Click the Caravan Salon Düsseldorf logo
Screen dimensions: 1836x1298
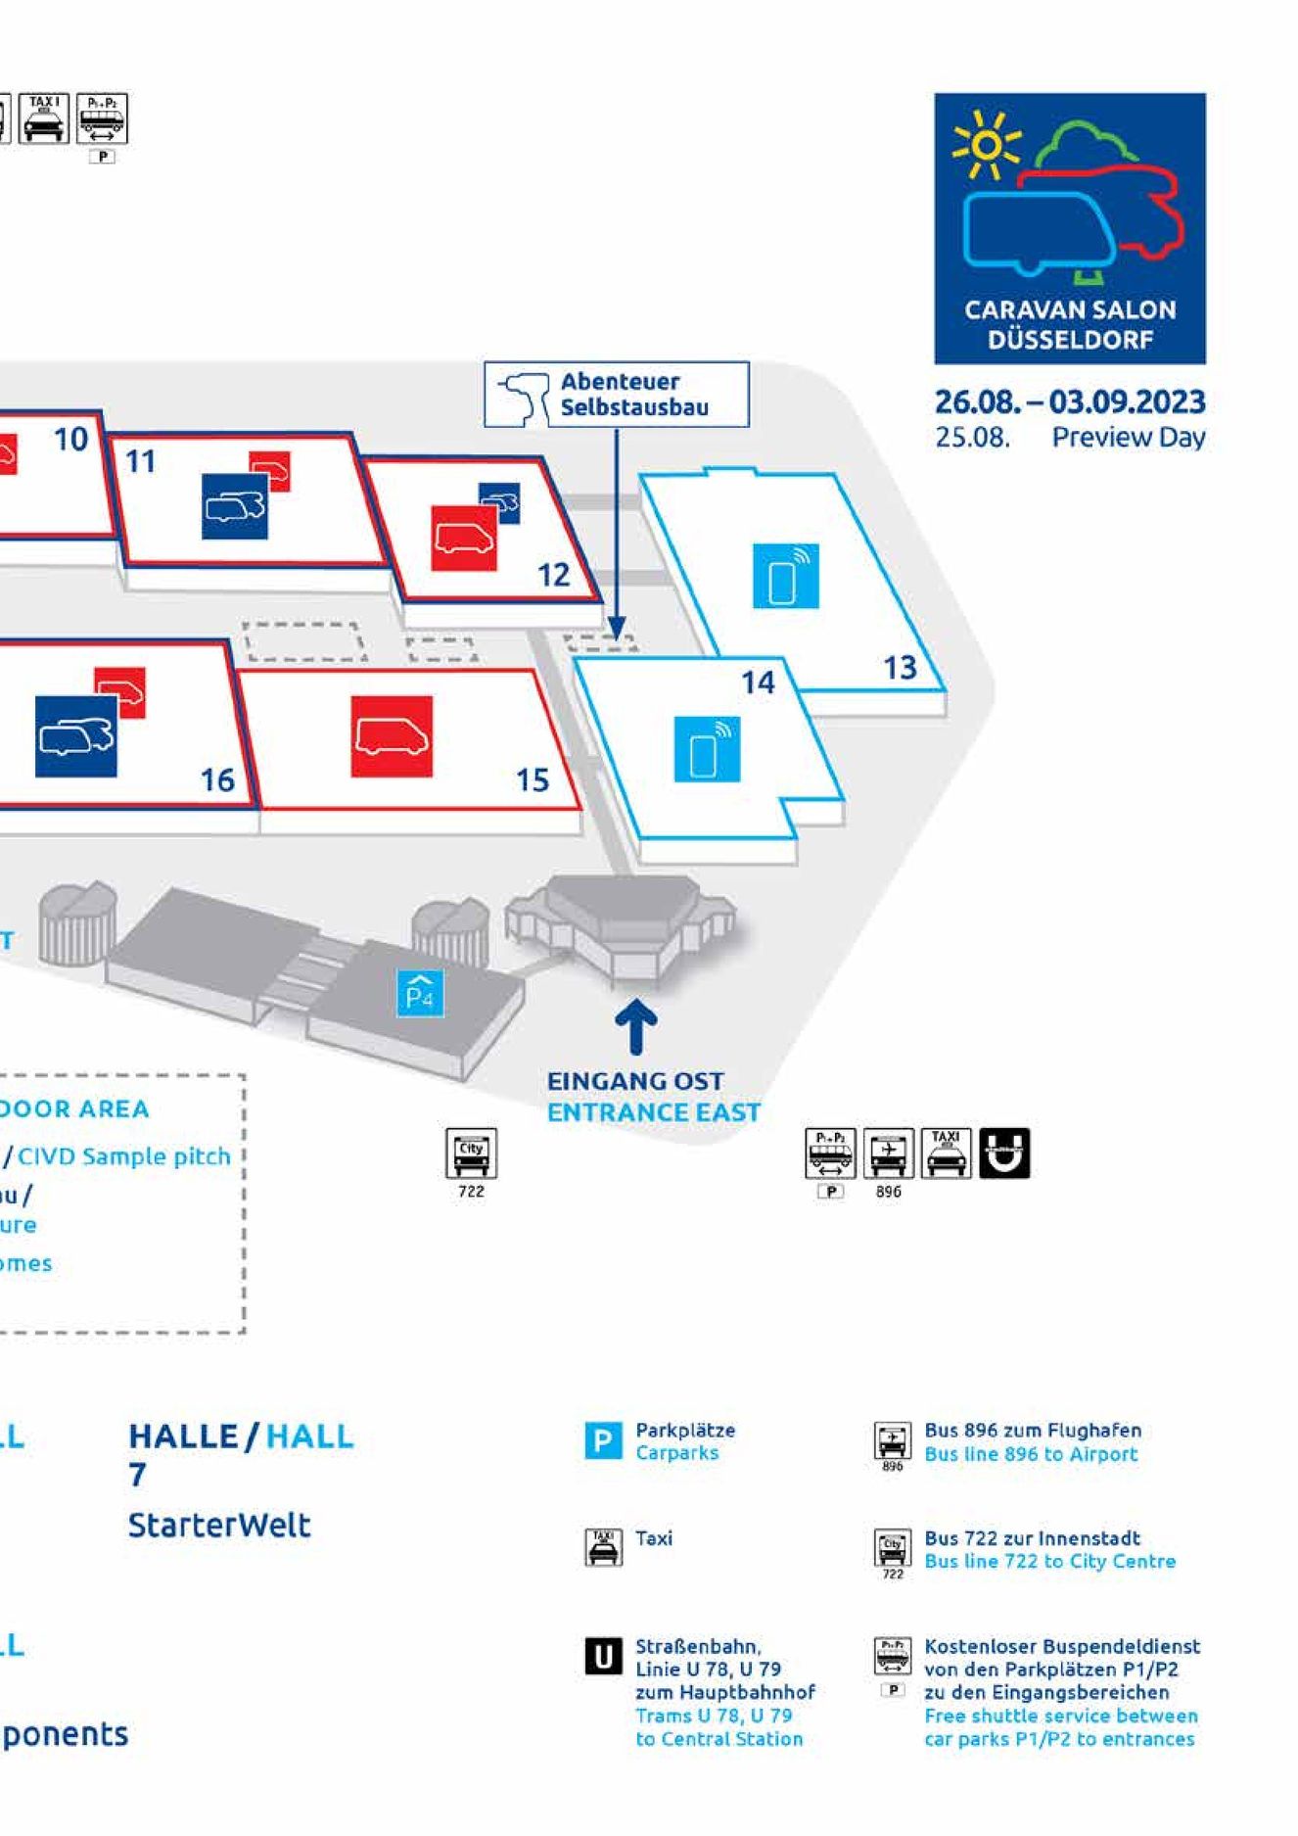point(1069,228)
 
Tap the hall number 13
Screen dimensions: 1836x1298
point(900,668)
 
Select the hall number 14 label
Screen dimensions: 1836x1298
point(758,683)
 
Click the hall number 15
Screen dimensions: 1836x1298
point(533,780)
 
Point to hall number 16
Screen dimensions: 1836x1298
point(217,780)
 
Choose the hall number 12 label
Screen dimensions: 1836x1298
point(553,575)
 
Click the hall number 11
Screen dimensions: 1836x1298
point(141,461)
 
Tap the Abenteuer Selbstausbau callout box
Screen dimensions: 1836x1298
point(616,395)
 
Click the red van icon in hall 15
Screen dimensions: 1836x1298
point(392,736)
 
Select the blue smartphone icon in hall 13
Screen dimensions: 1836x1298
point(785,576)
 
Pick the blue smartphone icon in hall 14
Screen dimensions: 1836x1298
point(707,750)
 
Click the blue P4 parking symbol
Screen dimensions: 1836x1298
point(420,993)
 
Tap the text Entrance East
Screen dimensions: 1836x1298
point(653,1112)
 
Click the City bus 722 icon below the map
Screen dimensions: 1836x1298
point(471,1153)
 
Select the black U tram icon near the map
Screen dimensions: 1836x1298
point(1004,1153)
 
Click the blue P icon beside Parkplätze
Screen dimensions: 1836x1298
point(603,1440)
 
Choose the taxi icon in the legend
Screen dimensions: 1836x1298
point(603,1547)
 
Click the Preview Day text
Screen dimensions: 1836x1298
point(1128,438)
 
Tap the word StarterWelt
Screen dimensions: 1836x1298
point(219,1525)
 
